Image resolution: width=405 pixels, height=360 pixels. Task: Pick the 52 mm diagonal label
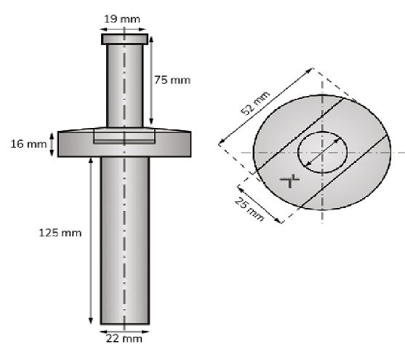pos(254,104)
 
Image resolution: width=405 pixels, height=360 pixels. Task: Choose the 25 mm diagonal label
pos(250,205)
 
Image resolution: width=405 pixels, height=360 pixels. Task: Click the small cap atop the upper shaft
pos(124,38)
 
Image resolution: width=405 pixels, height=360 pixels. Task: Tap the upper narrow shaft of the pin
pos(124,84)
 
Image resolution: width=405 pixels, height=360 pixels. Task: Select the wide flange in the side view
pos(73,144)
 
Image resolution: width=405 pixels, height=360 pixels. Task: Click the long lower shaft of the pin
pos(124,240)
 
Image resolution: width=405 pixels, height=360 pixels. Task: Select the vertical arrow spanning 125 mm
pos(90,240)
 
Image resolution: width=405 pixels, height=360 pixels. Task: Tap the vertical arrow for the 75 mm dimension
pos(152,81)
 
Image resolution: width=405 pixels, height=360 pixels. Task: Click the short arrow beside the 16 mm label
pos(51,144)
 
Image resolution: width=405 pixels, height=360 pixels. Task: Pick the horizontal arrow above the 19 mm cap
pos(124,20)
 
